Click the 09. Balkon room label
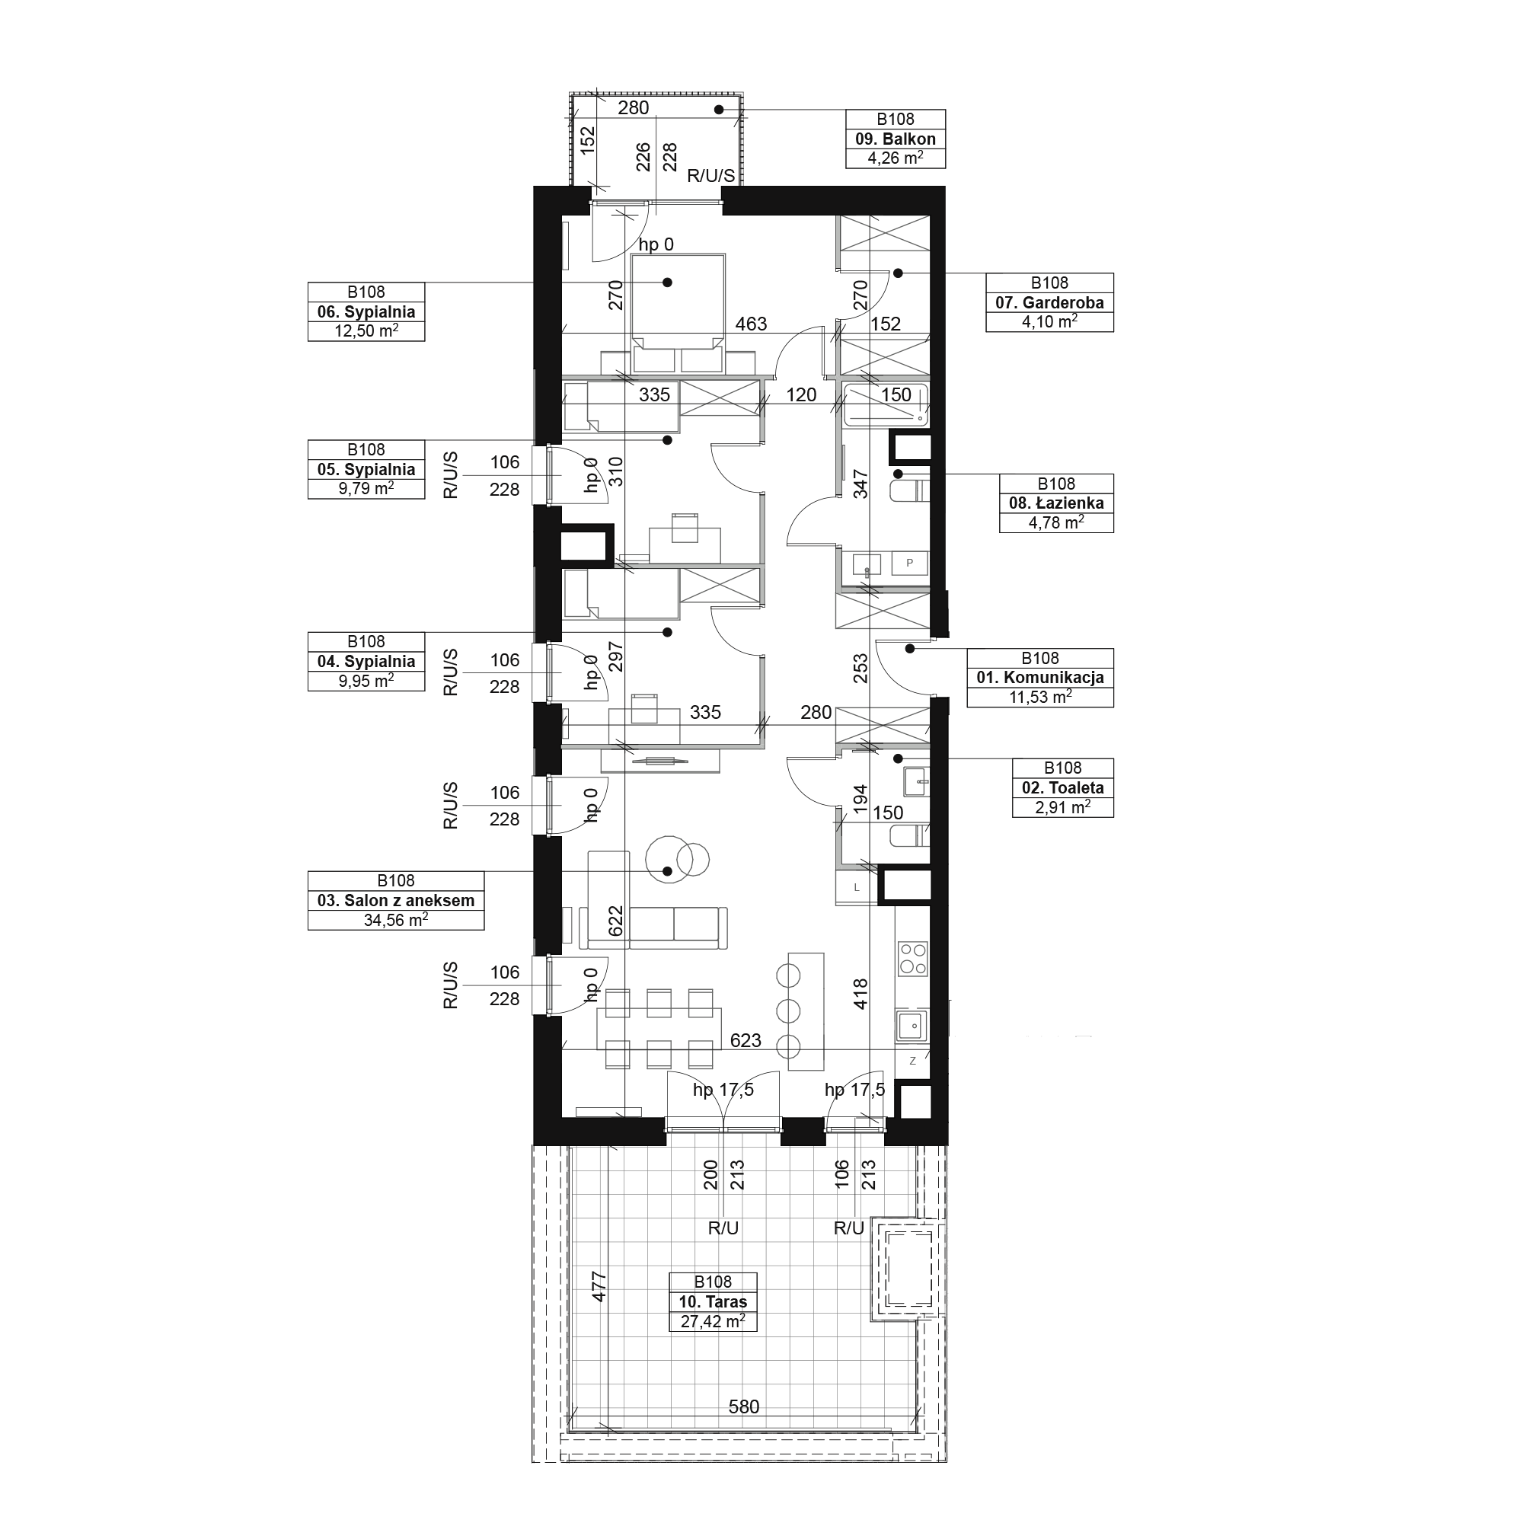896,139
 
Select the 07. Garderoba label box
1049,303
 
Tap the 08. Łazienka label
1056,503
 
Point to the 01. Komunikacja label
1039,677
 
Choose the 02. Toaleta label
1062,787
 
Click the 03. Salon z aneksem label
396,900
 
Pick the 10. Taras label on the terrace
713,1301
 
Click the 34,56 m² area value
396,920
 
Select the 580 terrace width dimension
743,1407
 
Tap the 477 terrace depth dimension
599,1286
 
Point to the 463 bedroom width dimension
751,324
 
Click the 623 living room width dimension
745,1040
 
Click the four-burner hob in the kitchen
913,959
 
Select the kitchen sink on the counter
913,1025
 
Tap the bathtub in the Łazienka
886,404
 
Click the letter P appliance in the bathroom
910,563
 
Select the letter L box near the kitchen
857,887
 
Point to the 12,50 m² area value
366,331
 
